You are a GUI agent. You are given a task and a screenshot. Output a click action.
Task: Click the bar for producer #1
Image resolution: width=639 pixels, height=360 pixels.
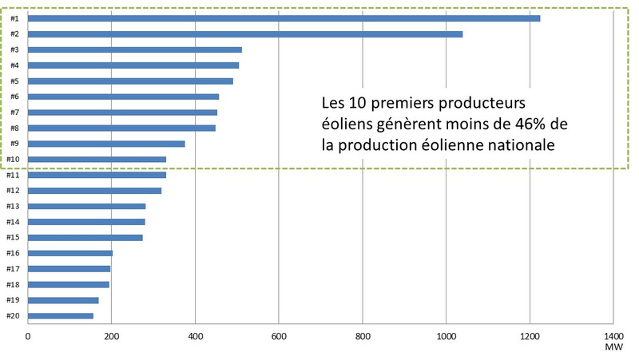click(284, 18)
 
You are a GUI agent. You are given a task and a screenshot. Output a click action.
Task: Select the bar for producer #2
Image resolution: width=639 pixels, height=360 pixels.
click(245, 34)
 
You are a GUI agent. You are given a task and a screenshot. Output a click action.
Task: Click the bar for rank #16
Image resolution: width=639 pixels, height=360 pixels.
click(70, 253)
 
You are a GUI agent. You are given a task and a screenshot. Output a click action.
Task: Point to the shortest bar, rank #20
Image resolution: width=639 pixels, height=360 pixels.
click(61, 316)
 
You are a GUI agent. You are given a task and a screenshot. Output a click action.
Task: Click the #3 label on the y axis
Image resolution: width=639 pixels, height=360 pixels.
click(14, 49)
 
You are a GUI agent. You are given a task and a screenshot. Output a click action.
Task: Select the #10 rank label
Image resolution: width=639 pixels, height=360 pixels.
click(13, 160)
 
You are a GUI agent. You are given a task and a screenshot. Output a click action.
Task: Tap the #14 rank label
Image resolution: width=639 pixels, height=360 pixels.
click(13, 222)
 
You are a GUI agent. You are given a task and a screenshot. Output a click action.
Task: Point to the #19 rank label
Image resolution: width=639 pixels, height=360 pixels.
click(13, 300)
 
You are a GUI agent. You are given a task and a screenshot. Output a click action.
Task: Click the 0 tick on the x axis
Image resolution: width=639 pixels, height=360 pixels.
click(28, 336)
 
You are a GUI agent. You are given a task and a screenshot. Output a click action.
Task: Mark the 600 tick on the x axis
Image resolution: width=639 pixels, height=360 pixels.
click(279, 336)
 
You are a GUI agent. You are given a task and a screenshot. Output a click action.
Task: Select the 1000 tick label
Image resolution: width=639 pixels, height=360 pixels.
click(446, 336)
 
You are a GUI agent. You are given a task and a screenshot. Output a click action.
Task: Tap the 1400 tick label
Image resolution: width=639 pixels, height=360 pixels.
click(613, 336)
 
